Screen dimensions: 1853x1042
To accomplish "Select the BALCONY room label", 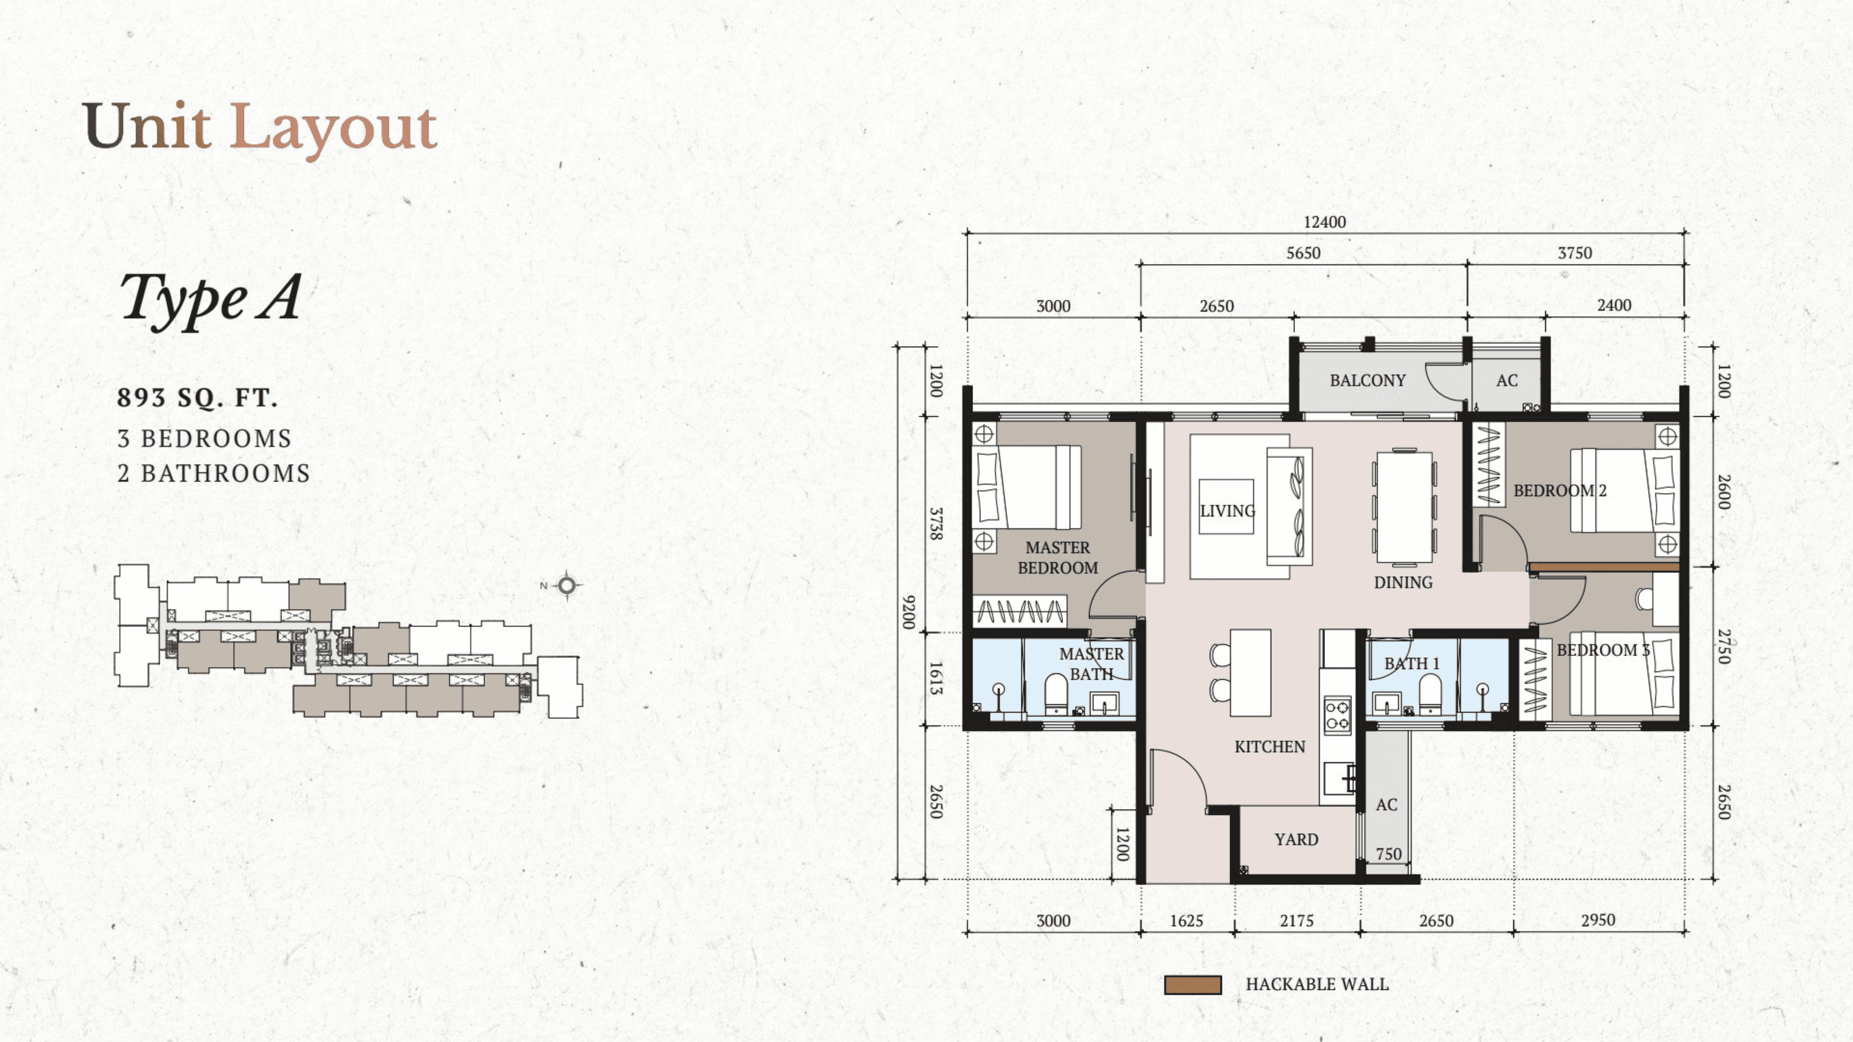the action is pos(1367,380).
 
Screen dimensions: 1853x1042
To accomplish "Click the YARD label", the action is pos(1296,839).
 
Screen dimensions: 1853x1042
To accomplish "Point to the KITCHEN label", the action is pos(1270,747).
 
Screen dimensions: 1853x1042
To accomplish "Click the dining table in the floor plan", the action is pos(1404,506).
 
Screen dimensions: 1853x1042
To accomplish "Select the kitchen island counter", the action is pos(1250,672).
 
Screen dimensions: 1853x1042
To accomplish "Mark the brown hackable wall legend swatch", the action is pos(1193,985).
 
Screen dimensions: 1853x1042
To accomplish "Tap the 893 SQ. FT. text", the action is pos(197,398).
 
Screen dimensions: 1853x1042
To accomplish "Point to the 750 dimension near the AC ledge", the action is pos(1388,854).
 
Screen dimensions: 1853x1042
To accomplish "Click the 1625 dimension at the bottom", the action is pos(1186,920).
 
